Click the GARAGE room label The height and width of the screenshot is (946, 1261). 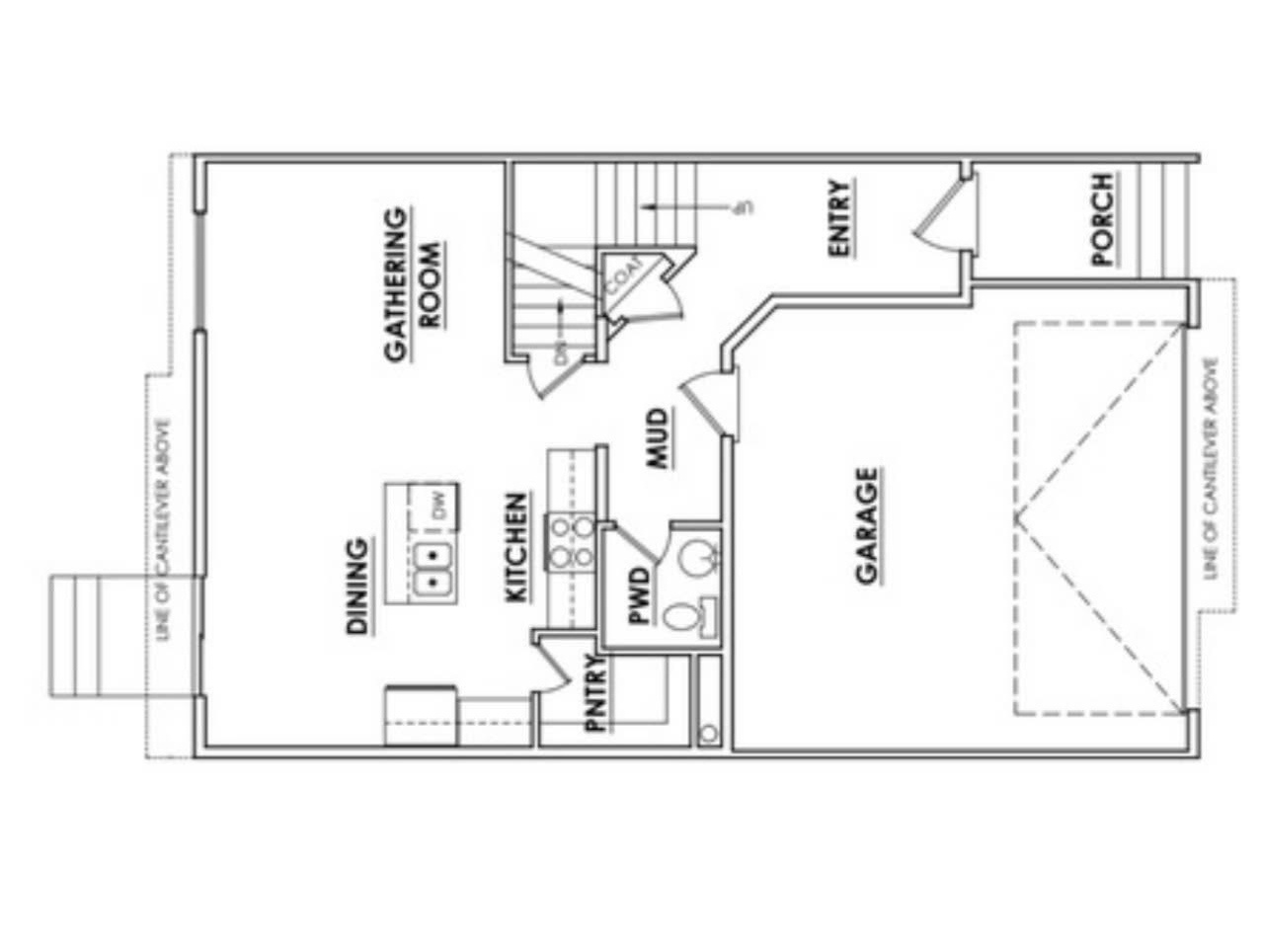click(867, 526)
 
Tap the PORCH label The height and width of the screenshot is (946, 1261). click(1103, 219)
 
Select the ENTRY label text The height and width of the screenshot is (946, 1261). click(839, 219)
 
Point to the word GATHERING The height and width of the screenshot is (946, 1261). click(394, 284)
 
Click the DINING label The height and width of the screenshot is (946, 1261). click(358, 585)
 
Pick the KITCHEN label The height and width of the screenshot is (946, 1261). click(516, 548)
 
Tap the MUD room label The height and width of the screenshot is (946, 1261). click(659, 436)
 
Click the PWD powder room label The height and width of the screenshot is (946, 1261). click(640, 594)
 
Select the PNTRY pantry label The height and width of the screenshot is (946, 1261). click(594, 693)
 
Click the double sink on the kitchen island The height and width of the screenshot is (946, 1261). click(433, 570)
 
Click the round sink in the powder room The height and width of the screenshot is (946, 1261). click(698, 558)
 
